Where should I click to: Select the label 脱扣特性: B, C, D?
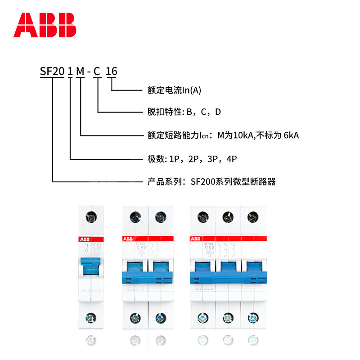184,112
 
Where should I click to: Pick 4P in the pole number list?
230,158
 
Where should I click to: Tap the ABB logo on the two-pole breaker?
127,238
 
